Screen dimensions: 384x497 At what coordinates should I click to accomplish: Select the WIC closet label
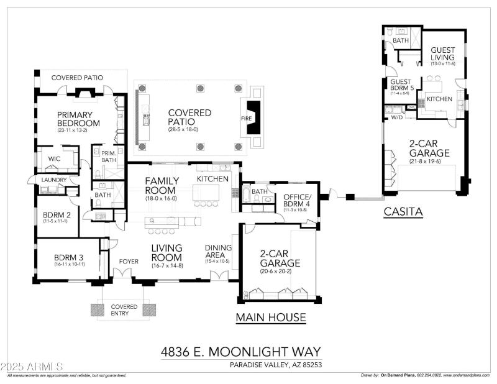(x=54, y=159)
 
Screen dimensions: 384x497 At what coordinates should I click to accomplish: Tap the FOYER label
(x=129, y=261)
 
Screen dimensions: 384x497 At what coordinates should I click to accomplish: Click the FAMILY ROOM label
(x=162, y=186)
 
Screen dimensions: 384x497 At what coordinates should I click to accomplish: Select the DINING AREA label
(x=218, y=252)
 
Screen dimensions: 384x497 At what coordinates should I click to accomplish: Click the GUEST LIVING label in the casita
(x=442, y=55)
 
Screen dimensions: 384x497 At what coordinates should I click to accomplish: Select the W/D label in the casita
(x=396, y=117)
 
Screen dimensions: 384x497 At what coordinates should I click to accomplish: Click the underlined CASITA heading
(x=403, y=212)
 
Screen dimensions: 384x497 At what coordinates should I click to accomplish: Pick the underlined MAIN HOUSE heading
(x=270, y=318)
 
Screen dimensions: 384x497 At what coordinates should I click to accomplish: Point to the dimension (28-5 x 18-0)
(x=189, y=129)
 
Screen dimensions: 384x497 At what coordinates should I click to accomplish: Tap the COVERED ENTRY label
(x=124, y=310)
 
